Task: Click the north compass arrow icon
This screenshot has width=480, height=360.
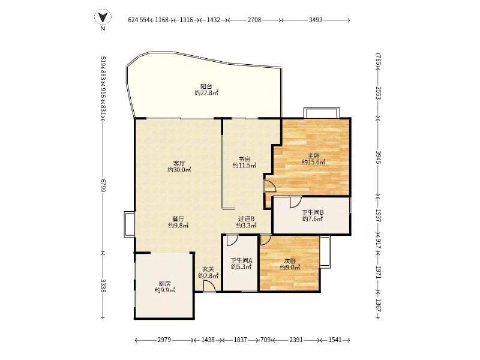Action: pos(103,17)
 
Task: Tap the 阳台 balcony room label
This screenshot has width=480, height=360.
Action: pos(206,86)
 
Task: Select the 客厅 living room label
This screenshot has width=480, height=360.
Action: pos(179,163)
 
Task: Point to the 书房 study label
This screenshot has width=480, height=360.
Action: pos(245,159)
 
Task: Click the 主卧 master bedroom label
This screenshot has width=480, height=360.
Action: pos(313,155)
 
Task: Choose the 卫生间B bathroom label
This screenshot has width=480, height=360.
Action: pos(313,212)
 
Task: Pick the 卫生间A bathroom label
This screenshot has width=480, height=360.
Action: pos(242,260)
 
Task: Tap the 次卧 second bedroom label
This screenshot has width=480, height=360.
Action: pos(290,261)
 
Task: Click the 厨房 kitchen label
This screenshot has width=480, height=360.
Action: pos(164,284)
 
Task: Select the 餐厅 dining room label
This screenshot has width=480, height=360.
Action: pos(178,219)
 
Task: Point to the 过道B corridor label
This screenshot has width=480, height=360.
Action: pos(247,219)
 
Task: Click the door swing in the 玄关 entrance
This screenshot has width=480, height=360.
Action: pos(209,287)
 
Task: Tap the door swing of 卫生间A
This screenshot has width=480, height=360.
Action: pos(232,241)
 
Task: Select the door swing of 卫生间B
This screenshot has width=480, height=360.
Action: pos(296,202)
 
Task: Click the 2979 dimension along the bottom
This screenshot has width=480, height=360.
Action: pos(164,340)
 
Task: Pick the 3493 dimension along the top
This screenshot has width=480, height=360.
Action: pos(316,20)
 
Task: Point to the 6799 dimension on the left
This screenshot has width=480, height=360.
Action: pos(103,186)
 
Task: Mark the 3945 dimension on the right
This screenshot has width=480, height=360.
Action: pos(379,157)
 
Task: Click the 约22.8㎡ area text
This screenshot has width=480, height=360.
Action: pos(206,93)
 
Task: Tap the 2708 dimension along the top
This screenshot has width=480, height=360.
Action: pos(254,20)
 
